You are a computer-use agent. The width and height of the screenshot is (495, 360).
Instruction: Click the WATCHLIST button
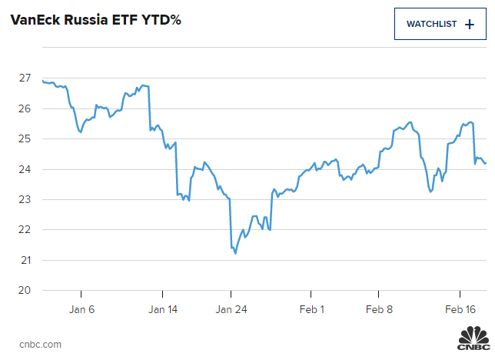point(440,24)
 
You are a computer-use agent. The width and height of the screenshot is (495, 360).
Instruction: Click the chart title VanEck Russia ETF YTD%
point(95,21)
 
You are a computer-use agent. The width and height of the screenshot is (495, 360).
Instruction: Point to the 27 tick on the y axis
point(25,78)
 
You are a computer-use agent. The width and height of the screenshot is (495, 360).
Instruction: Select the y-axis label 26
point(25,108)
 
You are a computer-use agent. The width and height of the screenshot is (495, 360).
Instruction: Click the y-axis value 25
point(25,139)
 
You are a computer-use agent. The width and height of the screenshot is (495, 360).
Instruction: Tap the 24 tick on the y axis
point(25,169)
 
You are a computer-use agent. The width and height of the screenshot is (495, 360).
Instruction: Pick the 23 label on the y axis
point(25,199)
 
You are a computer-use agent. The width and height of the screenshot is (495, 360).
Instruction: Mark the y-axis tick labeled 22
point(25,230)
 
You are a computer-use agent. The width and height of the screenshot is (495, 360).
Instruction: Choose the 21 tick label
point(25,260)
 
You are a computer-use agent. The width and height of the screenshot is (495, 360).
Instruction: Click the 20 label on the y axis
point(25,290)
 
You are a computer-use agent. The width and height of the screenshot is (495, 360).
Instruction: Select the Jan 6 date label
point(81,309)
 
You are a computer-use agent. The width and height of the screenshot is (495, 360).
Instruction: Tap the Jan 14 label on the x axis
point(163,309)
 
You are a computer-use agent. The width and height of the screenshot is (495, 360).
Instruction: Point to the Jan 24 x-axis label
point(231,309)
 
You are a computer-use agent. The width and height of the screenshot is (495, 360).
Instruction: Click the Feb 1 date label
point(311,309)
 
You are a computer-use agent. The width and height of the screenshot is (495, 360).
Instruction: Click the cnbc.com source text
point(40,344)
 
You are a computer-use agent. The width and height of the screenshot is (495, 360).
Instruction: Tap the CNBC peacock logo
point(473,339)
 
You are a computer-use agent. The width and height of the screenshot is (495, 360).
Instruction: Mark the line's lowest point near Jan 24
point(235,253)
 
